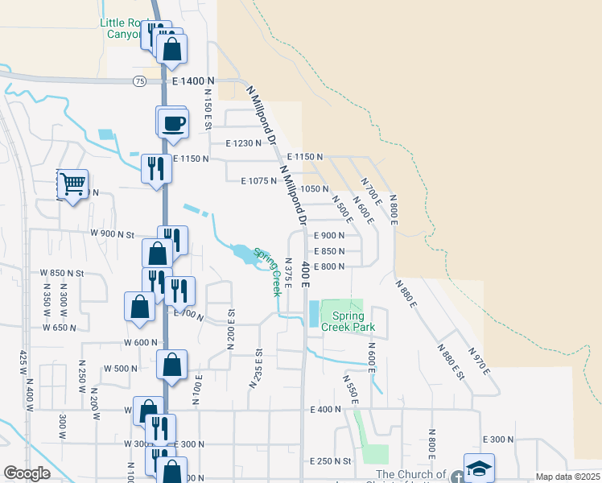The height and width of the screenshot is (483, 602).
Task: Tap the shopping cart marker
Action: coord(72,184)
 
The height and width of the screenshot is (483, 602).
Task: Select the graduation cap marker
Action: coord(478,468)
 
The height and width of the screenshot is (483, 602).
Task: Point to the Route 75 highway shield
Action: coord(140,81)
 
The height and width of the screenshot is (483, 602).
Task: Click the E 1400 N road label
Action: coord(194,81)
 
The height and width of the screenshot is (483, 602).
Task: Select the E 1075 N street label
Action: coord(259,181)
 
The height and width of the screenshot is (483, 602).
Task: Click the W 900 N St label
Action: coord(112,234)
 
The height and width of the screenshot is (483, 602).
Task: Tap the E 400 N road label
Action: coord(325,410)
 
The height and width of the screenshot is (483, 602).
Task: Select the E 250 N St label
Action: coord(331,461)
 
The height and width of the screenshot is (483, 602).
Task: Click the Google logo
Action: coord(27,473)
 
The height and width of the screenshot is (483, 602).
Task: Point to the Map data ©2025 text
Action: coord(567,477)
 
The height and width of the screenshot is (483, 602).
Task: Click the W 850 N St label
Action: coord(62,273)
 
